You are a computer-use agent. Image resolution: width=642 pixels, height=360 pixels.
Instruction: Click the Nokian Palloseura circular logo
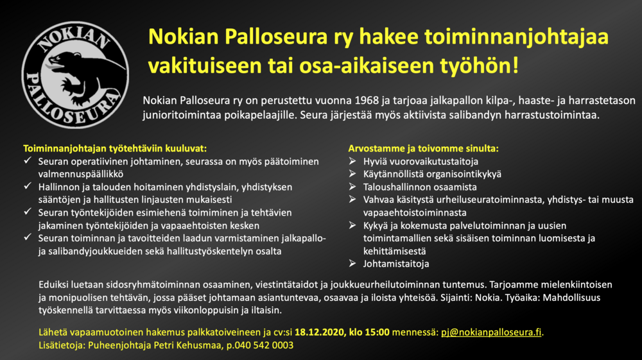pos(75,75)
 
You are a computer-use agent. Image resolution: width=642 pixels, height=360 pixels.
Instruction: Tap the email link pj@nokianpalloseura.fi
pos(491,332)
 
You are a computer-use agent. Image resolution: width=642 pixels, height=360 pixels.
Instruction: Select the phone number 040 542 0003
pos(264,345)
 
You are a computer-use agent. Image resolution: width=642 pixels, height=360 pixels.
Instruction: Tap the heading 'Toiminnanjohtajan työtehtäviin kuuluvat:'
pos(115,148)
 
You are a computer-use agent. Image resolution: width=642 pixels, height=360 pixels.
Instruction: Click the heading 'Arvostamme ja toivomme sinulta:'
pos(423,148)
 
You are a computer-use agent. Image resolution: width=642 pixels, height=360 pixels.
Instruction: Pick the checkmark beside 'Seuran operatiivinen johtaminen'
pos(28,161)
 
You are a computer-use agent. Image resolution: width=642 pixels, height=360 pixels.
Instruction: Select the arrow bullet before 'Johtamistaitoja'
pos(352,263)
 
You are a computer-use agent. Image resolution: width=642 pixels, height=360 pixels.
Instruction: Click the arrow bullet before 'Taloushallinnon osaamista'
pos(352,187)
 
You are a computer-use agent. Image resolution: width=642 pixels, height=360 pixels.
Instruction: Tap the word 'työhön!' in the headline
pos(479,66)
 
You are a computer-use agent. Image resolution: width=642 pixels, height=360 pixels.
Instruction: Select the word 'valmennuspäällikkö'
pos(81,175)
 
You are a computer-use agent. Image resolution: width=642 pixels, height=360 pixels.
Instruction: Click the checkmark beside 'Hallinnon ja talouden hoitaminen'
pos(28,186)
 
